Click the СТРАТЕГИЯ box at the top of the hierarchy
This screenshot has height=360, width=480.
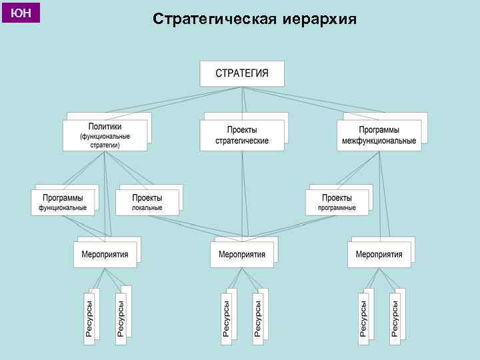[x=242, y=73]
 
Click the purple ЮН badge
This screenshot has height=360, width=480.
[x=21, y=13]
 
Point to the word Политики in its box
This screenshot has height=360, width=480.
[x=105, y=127]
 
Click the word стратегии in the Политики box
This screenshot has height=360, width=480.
[x=105, y=144]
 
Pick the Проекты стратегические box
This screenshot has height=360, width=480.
[x=242, y=135]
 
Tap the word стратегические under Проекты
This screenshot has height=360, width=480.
[x=242, y=141]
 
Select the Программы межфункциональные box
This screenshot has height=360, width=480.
[x=379, y=135]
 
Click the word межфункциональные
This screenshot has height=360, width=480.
[x=379, y=141]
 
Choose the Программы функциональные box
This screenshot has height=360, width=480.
[x=63, y=202]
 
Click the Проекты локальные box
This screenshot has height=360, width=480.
[x=147, y=202]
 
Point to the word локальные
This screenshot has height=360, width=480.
[x=147, y=207]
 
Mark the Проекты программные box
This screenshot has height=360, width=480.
[x=337, y=202]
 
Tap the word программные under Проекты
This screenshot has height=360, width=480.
[x=337, y=207]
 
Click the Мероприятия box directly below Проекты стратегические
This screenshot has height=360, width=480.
[x=242, y=254]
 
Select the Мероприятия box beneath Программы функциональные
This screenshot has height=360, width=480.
[x=105, y=254]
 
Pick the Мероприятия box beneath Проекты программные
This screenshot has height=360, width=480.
[x=379, y=254]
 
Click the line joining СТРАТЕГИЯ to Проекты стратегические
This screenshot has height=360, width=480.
[x=243, y=100]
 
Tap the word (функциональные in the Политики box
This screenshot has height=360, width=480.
[x=105, y=136]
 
